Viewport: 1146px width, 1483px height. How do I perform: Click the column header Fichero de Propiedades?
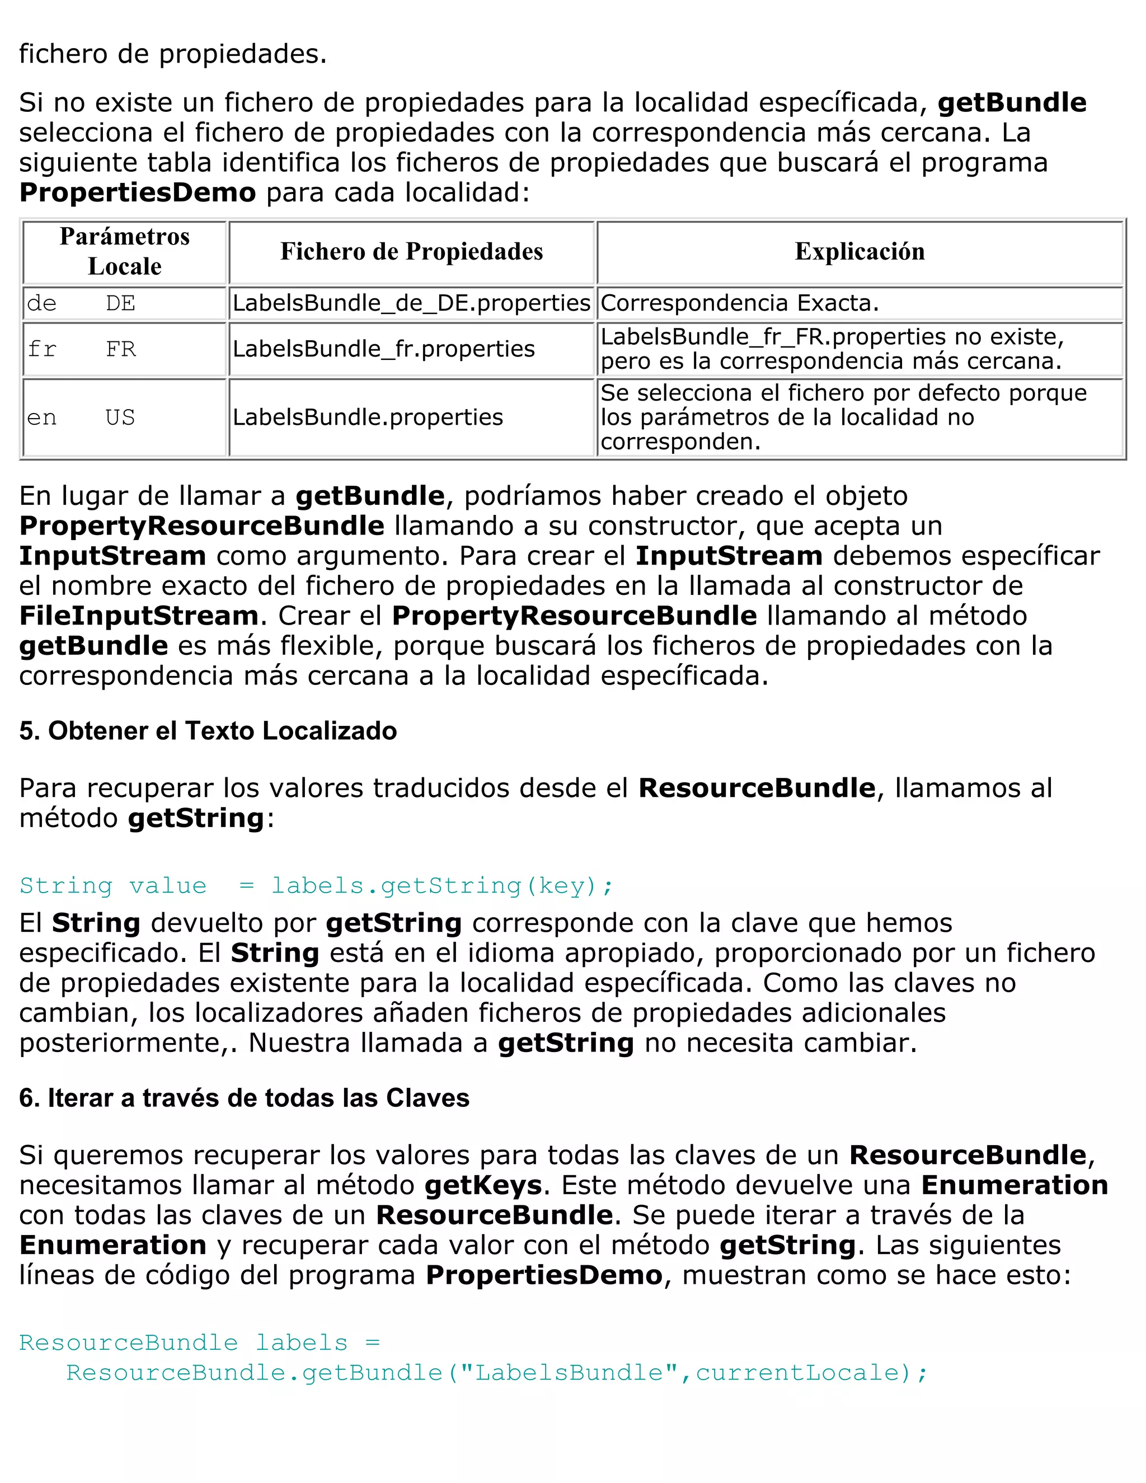point(411,252)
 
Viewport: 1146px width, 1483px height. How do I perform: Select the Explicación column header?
point(859,252)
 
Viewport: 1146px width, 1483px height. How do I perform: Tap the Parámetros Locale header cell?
point(124,252)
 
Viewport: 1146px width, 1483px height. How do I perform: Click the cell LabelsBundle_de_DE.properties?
point(411,303)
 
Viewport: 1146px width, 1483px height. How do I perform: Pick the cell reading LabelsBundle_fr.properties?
point(383,349)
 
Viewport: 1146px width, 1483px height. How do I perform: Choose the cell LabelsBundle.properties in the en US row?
point(367,417)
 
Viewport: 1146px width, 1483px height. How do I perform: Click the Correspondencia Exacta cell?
point(739,303)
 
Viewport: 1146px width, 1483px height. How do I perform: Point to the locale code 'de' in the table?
point(41,303)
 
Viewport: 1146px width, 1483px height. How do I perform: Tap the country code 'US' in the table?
point(120,417)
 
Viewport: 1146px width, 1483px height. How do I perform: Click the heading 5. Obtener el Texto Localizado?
point(208,731)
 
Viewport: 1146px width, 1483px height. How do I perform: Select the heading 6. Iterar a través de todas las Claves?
point(244,1098)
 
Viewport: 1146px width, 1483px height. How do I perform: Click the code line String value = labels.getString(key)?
point(316,885)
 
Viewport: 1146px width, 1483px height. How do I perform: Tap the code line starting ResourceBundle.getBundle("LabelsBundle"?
point(496,1372)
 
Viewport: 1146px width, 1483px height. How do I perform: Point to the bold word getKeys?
point(483,1186)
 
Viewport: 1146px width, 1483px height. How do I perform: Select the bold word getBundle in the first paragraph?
point(1012,103)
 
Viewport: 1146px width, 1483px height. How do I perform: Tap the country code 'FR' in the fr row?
point(121,349)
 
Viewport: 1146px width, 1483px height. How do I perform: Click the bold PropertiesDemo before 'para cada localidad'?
point(137,193)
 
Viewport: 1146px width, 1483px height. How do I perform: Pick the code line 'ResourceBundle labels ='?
point(199,1343)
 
